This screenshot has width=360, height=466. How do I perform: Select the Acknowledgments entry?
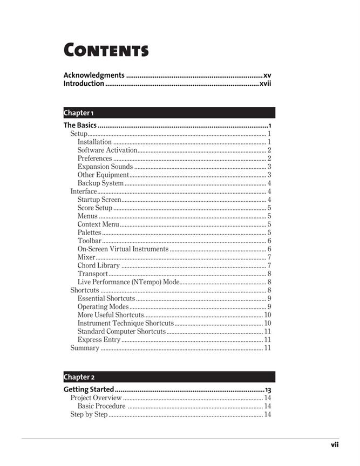tap(94, 76)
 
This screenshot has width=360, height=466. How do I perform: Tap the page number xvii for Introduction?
tap(265, 84)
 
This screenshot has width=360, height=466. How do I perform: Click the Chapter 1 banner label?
tap(79, 113)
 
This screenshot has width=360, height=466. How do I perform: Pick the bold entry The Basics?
tap(80, 125)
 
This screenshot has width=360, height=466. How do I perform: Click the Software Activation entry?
tap(107, 150)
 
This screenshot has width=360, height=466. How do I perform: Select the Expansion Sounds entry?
tap(105, 167)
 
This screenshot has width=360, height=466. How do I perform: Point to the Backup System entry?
tap(100, 183)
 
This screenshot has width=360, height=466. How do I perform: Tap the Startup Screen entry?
tap(99, 200)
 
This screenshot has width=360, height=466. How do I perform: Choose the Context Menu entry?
tap(98, 224)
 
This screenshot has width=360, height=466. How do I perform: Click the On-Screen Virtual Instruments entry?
tap(123, 249)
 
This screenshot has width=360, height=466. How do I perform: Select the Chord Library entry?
tap(99, 265)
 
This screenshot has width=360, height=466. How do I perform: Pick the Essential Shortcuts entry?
tap(106, 298)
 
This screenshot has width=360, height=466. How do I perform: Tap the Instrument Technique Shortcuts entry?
tap(126, 323)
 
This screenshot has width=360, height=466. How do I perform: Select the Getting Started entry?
tap(89, 389)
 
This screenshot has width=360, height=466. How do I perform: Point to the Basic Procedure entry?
tap(101, 406)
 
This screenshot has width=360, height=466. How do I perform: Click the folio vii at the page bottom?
tap(335, 444)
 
